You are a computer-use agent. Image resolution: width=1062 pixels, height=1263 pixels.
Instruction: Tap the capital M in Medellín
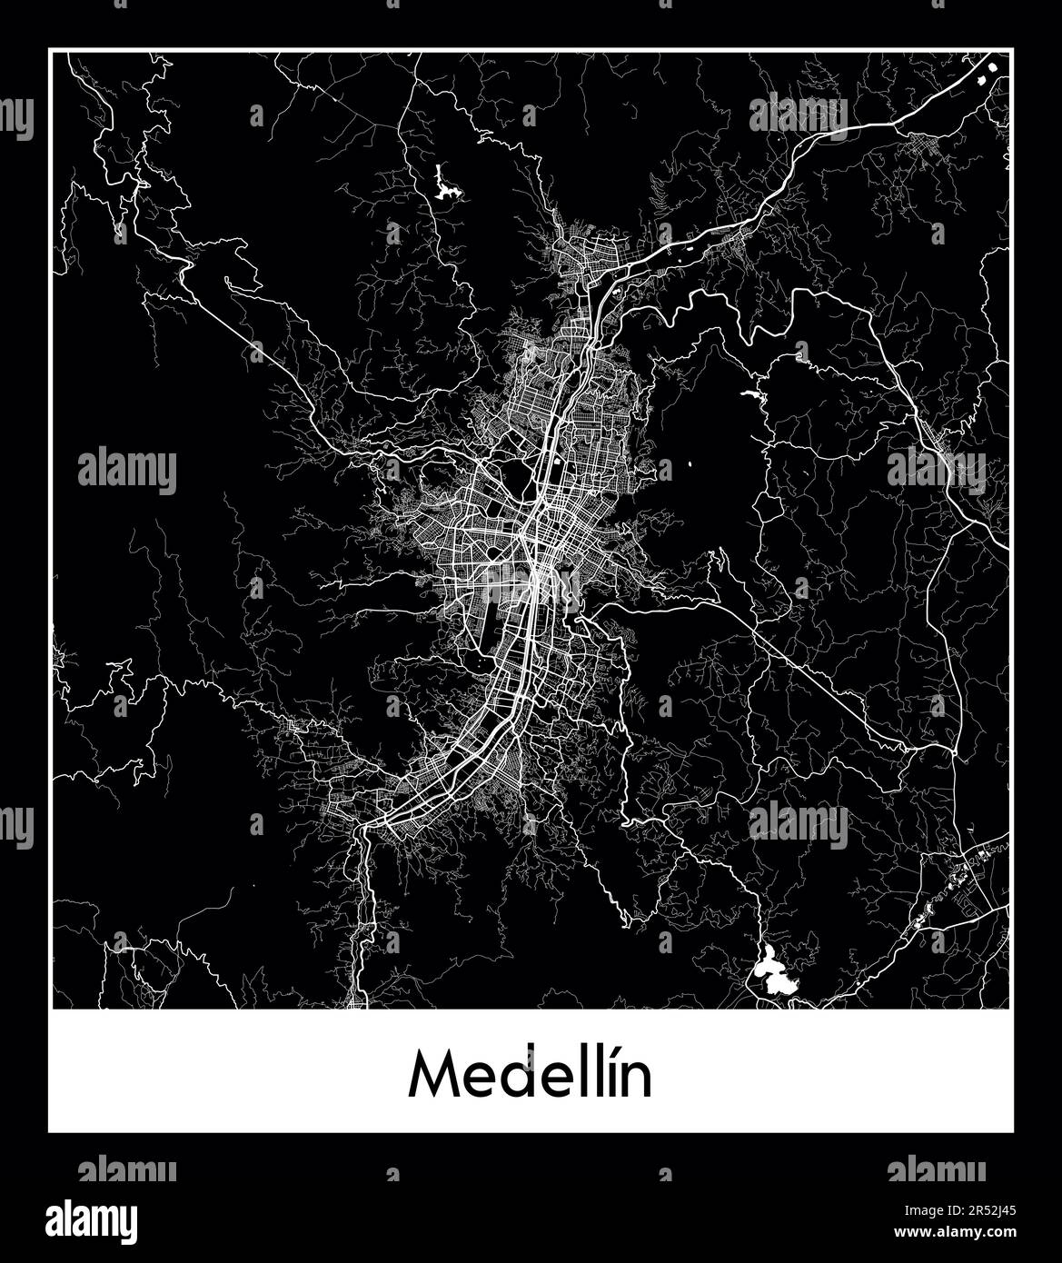click(x=432, y=1077)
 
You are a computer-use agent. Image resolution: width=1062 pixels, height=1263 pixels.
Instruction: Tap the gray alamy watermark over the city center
click(x=531, y=584)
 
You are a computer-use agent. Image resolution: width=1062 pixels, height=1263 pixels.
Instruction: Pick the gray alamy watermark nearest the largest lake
click(x=799, y=824)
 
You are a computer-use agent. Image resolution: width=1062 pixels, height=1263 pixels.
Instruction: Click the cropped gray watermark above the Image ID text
click(x=936, y=1169)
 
